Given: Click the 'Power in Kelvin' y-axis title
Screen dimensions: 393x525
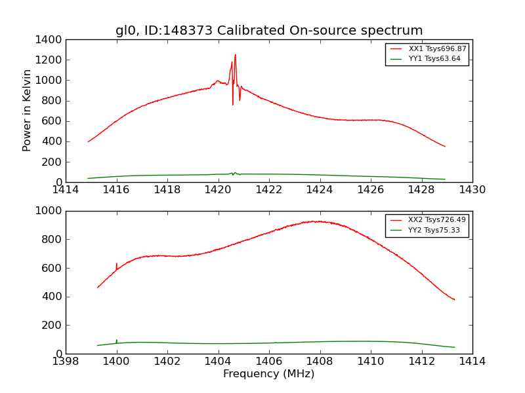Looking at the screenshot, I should [x=28, y=110].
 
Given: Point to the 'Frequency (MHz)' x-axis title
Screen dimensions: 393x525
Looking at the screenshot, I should [x=269, y=374].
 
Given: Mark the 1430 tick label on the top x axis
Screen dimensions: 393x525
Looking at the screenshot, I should [x=472, y=190].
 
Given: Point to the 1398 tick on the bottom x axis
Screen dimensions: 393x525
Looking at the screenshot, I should [x=66, y=361].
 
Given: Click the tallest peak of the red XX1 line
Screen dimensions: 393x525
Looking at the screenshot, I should [x=235, y=55].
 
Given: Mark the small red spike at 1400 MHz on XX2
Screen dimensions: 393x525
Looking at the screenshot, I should [x=117, y=264].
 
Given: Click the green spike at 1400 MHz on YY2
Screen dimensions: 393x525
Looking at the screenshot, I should [x=117, y=341].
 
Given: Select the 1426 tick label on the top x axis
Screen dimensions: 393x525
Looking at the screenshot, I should [x=371, y=190].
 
